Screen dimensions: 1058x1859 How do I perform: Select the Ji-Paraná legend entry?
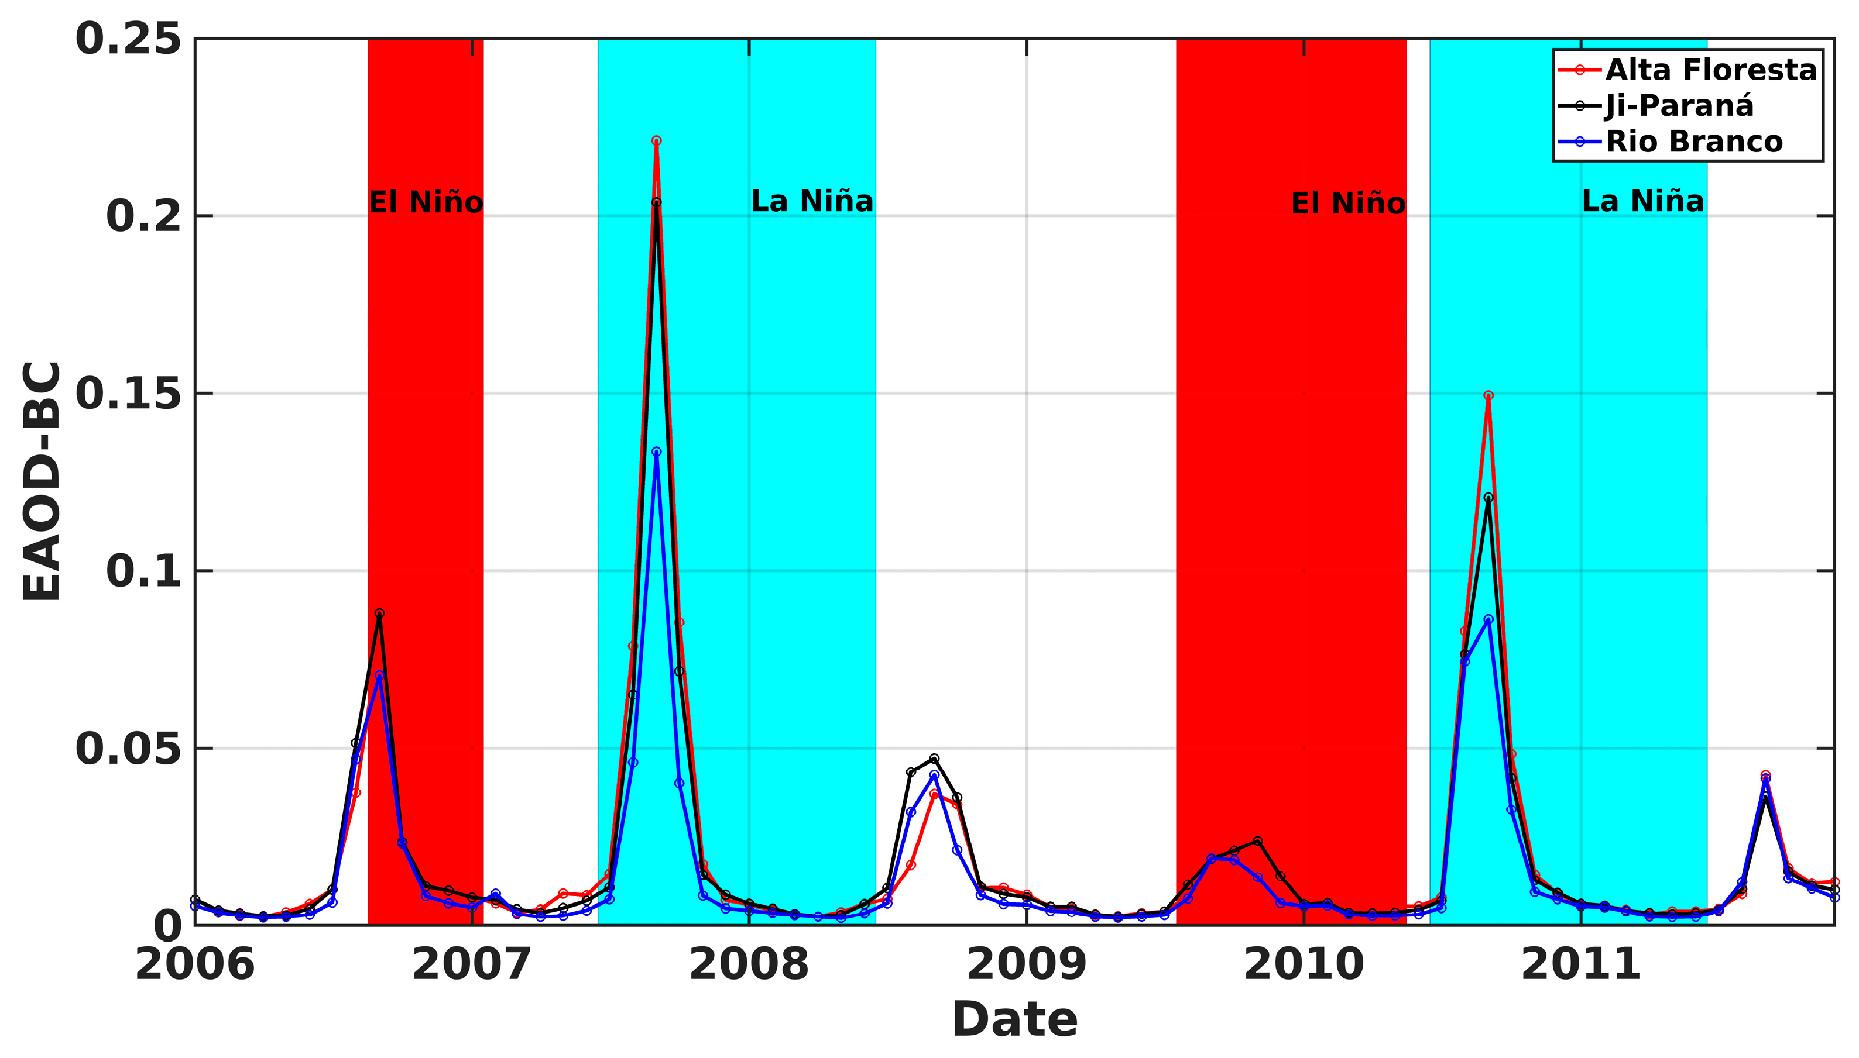pos(1679,106)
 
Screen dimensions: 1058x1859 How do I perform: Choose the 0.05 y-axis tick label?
pos(128,749)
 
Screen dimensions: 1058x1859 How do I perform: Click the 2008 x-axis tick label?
pos(749,965)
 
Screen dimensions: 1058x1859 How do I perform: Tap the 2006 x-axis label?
pos(195,965)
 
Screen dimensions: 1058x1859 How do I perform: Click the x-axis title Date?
pos(1014,1019)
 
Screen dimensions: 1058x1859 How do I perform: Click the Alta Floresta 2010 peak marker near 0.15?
pos(1488,396)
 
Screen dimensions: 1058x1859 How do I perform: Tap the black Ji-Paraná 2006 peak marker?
pos(379,614)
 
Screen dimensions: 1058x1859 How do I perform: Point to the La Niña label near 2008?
pos(811,201)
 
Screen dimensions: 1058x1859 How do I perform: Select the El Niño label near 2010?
pos(1348,204)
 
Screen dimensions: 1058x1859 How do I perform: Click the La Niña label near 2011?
pos(1642,201)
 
